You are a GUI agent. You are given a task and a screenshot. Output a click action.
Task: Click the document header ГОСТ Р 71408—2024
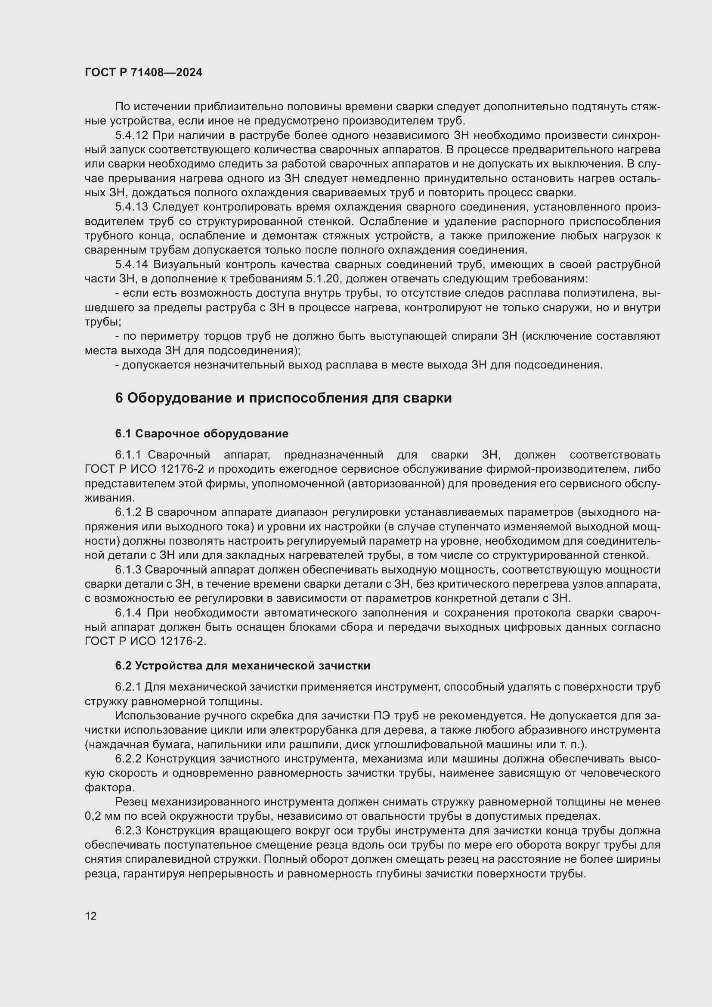point(143,73)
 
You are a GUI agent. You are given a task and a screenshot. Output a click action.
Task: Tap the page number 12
point(91,916)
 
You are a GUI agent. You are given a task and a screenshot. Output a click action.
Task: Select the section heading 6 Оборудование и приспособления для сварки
point(283,398)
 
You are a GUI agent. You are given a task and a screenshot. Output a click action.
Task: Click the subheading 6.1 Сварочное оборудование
point(201,434)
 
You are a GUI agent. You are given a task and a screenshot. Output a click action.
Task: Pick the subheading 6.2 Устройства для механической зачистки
point(242,666)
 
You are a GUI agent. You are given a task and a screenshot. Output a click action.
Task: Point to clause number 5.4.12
point(132,136)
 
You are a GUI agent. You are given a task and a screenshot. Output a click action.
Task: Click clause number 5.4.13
point(132,207)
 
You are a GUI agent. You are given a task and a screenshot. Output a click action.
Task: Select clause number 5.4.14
point(132,264)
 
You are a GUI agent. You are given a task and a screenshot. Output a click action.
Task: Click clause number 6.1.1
point(128,455)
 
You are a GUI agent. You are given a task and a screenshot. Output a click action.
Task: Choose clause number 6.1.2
point(128,512)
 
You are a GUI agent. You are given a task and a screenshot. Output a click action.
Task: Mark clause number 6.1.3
point(128,570)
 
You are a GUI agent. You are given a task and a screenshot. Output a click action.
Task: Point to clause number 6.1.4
point(128,613)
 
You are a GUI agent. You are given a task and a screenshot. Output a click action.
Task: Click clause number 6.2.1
point(128,687)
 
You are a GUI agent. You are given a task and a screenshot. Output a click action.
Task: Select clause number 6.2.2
point(128,759)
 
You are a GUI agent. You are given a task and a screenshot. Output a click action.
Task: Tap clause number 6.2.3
point(128,830)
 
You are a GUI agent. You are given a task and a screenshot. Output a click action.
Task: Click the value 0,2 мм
point(100,816)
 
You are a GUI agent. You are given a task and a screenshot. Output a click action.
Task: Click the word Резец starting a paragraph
point(131,802)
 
